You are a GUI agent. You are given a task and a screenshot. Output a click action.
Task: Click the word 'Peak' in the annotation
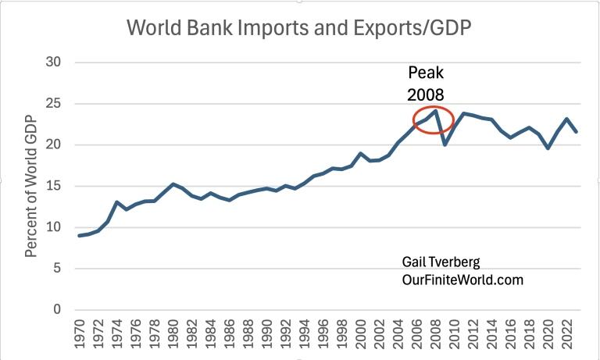(425, 74)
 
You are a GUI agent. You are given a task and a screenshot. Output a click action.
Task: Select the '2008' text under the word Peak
(425, 94)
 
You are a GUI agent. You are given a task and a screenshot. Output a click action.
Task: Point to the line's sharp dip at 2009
(445, 144)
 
